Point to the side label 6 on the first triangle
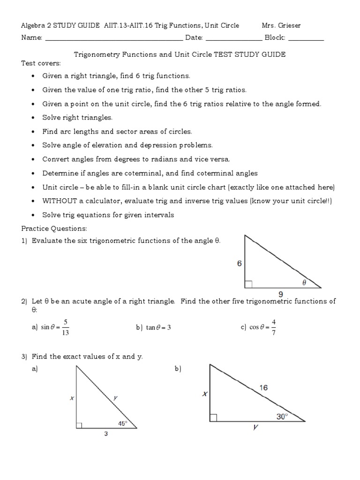(x=240, y=264)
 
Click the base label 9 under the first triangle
(x=281, y=294)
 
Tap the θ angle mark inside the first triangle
(x=304, y=282)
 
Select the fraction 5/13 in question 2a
(x=66, y=327)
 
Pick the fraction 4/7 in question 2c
(x=273, y=327)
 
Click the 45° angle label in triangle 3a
(x=122, y=423)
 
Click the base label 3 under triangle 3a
(x=106, y=434)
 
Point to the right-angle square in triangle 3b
(x=214, y=418)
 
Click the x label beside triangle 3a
(x=72, y=398)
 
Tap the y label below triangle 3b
(x=256, y=427)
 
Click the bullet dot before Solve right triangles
(x=32, y=118)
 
